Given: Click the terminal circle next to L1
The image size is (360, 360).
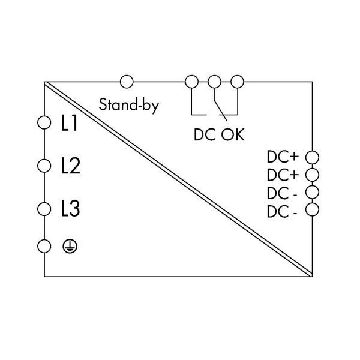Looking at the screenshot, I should pyautogui.click(x=43, y=123).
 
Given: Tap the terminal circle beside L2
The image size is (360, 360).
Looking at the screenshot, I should pyautogui.click(x=43, y=166).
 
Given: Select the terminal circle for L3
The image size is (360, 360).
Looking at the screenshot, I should pyautogui.click(x=43, y=209).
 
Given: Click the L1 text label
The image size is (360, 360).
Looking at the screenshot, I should pyautogui.click(x=70, y=124).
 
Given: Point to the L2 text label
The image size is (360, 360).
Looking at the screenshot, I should pyautogui.click(x=71, y=166).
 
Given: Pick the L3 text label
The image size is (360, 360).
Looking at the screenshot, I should pyautogui.click(x=71, y=210).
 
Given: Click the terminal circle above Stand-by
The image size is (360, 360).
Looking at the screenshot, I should pyautogui.click(x=127, y=81).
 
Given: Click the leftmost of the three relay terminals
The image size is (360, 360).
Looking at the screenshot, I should pyautogui.click(x=191, y=81).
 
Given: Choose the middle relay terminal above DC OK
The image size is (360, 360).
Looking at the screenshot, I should pyautogui.click(x=214, y=81).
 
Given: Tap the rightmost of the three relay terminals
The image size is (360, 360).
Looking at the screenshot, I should pyautogui.click(x=237, y=81).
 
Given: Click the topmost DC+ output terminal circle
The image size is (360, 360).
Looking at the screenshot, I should pyautogui.click(x=311, y=157).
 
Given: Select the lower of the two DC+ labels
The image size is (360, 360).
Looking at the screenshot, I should pyautogui.click(x=283, y=175).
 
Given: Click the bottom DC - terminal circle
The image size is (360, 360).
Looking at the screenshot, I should pyautogui.click(x=311, y=209).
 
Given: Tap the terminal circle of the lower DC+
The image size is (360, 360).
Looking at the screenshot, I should pyautogui.click(x=311, y=175).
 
